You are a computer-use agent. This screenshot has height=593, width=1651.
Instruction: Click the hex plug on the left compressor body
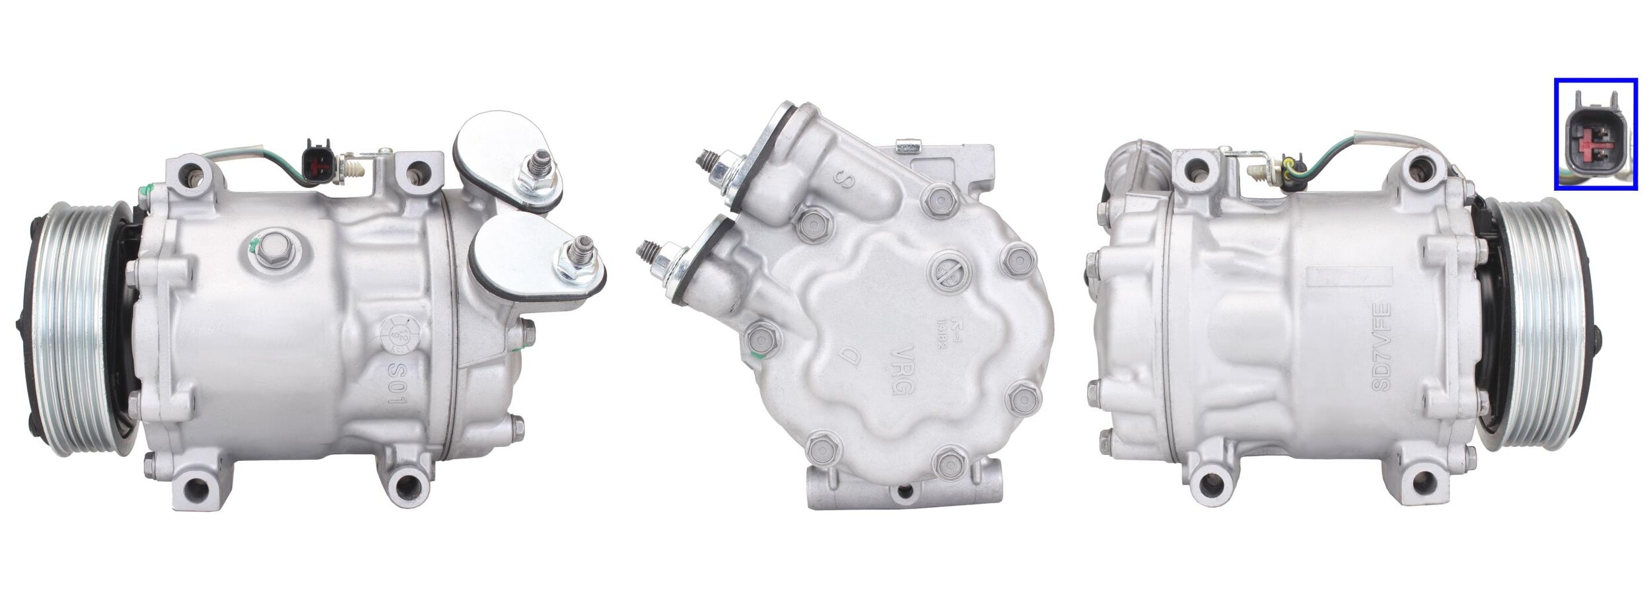(272, 248)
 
